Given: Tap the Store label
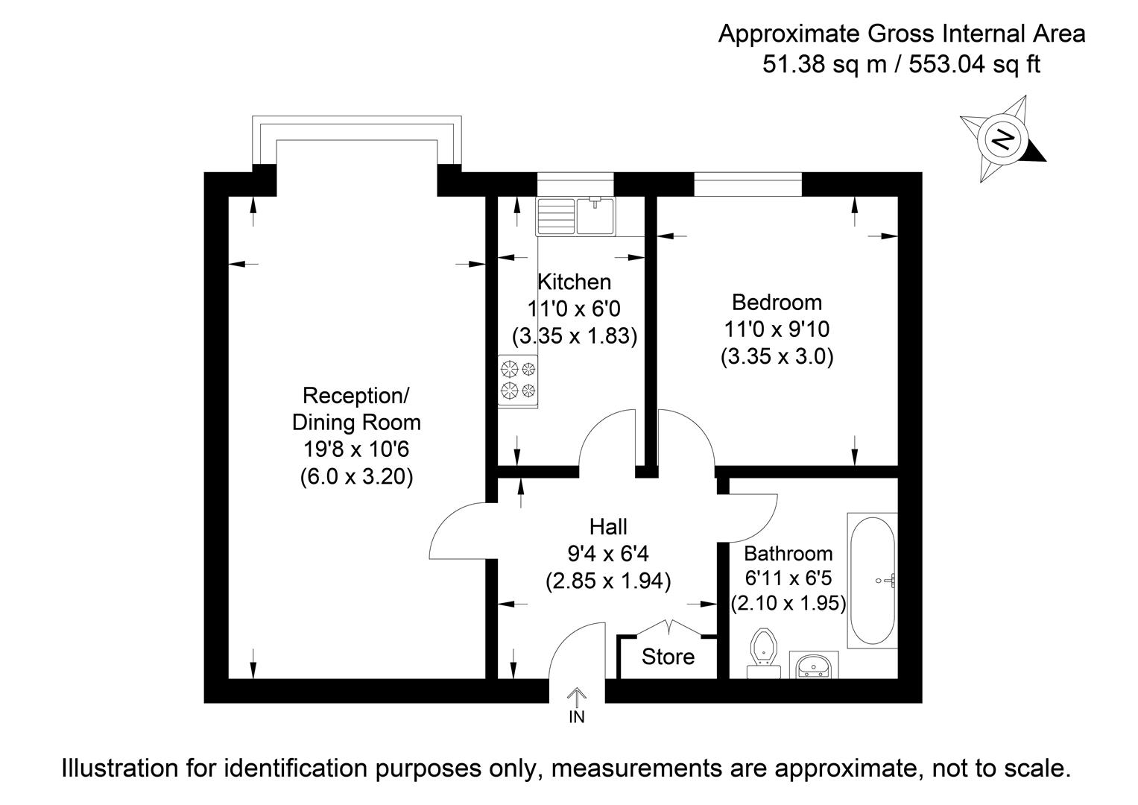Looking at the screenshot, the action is coord(668,657).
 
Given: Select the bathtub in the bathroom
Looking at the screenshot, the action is coord(873,579).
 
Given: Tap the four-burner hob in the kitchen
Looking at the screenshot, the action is coord(518,379).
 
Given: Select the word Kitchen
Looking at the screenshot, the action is coord(574,282).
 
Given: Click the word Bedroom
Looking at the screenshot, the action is coord(777,302).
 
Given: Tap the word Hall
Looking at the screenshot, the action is coord(608,527).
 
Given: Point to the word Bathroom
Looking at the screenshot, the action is coord(788,554).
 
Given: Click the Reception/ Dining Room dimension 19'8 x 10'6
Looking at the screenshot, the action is coord(356,449).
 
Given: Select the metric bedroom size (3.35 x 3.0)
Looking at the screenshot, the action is coord(777,356).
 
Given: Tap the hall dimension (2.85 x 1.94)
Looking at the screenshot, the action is coord(608,581).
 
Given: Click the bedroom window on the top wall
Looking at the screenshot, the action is coord(748,184).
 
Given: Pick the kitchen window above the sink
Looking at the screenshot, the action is coord(575,184).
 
